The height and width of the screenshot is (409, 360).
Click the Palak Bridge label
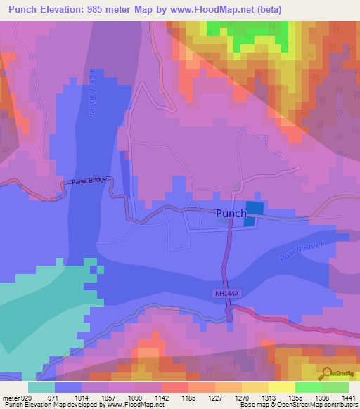coord(90,181)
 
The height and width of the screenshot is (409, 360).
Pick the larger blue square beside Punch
coord(256,208)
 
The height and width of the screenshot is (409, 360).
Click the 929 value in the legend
coord(27,398)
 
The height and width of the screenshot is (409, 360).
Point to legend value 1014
coord(72,398)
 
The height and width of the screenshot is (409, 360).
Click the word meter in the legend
coord(10,398)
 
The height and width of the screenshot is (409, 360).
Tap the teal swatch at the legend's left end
coord(41,387)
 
